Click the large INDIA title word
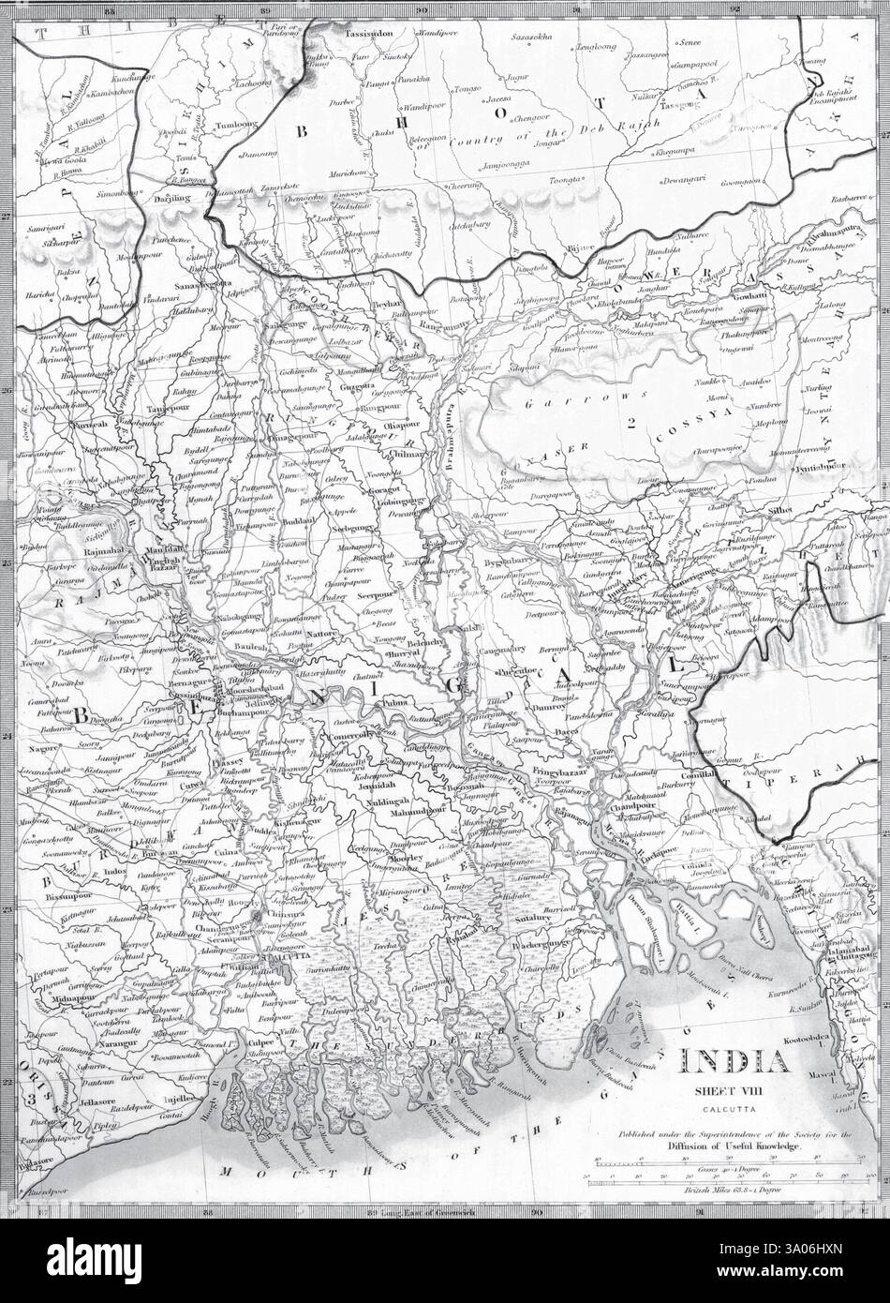tap(735, 1062)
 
